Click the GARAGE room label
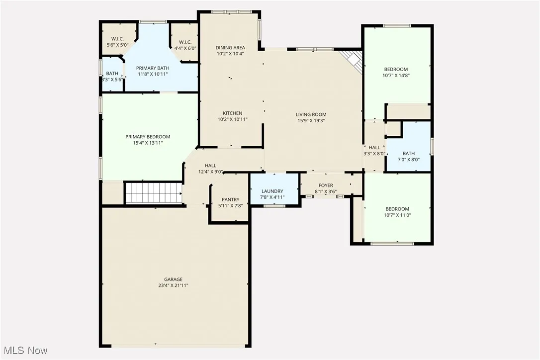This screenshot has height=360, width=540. tap(174, 279)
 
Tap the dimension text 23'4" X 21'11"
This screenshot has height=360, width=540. tap(174, 285)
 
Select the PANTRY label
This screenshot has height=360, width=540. tap(230, 199)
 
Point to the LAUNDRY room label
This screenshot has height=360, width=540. tap(272, 191)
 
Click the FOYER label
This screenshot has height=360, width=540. tap(326, 185)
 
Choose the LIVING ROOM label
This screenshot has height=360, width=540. tap(311, 114)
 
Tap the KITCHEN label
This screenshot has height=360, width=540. tap(232, 113)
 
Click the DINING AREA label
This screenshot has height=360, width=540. tap(230, 48)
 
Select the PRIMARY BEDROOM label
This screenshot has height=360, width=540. tap(148, 137)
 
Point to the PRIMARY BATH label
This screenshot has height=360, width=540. tap(153, 68)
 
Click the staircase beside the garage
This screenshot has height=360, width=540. tap(153, 192)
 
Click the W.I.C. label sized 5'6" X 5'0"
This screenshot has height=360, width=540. tap(117, 39)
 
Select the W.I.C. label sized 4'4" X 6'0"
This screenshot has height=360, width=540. tap(185, 42)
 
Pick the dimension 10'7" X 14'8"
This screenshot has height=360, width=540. tap(396, 76)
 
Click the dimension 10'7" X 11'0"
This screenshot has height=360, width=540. tap(397, 215)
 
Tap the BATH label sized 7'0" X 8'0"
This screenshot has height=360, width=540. tap(408, 154)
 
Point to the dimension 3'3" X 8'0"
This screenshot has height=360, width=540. tap(374, 154)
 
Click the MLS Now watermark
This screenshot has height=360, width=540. tap(24, 351)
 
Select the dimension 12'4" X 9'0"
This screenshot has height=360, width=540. tap(211, 172)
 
